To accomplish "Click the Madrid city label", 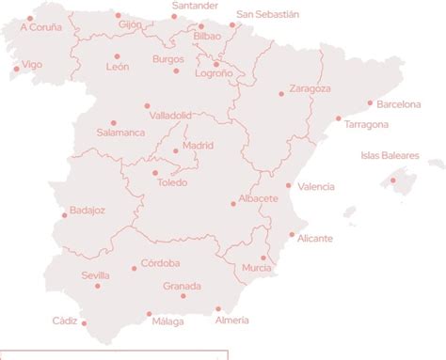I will coord(198,146).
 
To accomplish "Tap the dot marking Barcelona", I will coord(370,102).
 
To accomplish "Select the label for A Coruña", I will coord(40,27).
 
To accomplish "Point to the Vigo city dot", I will coord(14,69).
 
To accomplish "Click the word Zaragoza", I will coord(310,88).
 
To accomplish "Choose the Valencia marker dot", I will coord(289,185).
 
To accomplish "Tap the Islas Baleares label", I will coord(390,155).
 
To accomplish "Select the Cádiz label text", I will coord(65,321).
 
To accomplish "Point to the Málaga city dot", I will coord(149,314).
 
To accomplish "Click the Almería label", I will coord(232,321).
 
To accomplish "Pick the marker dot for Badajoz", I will coord(65,214).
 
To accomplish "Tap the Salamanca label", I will coord(120,133).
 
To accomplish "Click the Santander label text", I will coord(195,6).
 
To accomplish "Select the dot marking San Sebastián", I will coord(232,25).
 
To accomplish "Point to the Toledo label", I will coord(172,182).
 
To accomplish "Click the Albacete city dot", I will coord(233,204).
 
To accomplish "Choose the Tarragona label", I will coord(366,124).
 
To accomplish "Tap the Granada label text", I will coord(182,286).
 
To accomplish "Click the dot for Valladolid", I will coord(148,105).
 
